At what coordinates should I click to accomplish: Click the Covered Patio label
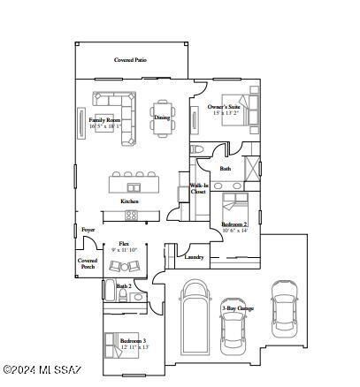coord(130,60)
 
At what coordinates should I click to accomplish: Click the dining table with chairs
coord(162,117)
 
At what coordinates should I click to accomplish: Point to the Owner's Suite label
coord(225,107)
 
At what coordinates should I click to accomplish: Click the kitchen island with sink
coord(134,186)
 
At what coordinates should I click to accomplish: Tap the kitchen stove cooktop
coord(131,214)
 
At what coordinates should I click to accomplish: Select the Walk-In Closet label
coord(199,190)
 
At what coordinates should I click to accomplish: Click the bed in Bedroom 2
coord(237,204)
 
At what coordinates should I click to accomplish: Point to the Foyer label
coord(88,230)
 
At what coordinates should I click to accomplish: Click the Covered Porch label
coord(88,263)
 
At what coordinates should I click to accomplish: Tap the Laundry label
coord(195,258)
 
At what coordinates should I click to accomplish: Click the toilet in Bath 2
coord(138,298)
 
